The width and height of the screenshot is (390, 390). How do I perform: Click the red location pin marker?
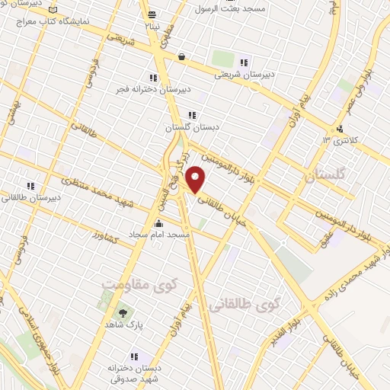click(x=197, y=179)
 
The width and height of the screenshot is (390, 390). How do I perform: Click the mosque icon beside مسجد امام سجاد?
click(x=159, y=223)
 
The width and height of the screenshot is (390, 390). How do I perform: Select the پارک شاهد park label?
click(x=122, y=324)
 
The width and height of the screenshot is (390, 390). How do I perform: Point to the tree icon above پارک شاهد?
click(x=122, y=312)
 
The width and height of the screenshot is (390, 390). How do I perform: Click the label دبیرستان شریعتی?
click(x=242, y=74)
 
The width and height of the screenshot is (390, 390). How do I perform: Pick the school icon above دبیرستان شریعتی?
click(x=245, y=62)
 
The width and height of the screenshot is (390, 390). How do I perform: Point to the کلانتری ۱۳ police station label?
click(x=337, y=139)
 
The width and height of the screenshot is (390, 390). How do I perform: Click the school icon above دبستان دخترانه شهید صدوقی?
click(x=135, y=356)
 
